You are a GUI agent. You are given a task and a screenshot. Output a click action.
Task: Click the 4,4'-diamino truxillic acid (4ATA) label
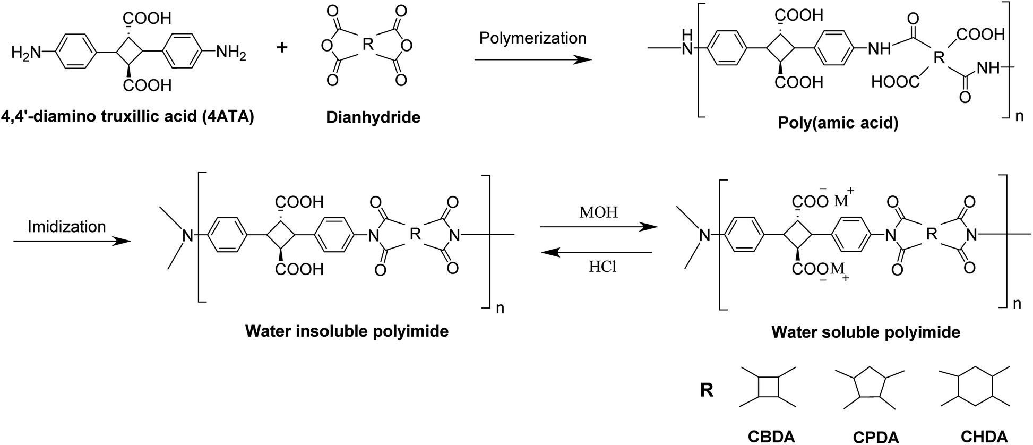[128, 116]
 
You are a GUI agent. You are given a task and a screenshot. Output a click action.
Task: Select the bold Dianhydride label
[373, 117]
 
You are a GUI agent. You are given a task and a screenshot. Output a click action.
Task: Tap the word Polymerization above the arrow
[532, 38]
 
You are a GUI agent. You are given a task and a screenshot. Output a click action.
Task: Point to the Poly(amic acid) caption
[838, 123]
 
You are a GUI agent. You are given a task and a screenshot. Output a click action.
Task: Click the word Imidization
[67, 227]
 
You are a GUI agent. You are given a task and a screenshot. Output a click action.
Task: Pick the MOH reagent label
[598, 213]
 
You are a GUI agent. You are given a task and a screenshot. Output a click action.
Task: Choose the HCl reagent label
[602, 267]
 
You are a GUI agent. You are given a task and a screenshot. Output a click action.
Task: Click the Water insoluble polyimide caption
[347, 331]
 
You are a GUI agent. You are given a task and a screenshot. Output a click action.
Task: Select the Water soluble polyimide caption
[866, 332]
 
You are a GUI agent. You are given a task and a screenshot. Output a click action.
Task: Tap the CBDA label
[771, 437]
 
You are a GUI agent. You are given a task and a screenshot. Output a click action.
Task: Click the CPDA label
[875, 437]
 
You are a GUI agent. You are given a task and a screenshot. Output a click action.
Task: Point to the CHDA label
[984, 436]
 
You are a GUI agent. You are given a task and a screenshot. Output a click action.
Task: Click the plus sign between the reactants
[282, 47]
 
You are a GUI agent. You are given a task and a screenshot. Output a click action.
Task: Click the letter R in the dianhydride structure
[367, 45]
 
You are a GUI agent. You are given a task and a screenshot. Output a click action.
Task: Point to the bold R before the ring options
[707, 390]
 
